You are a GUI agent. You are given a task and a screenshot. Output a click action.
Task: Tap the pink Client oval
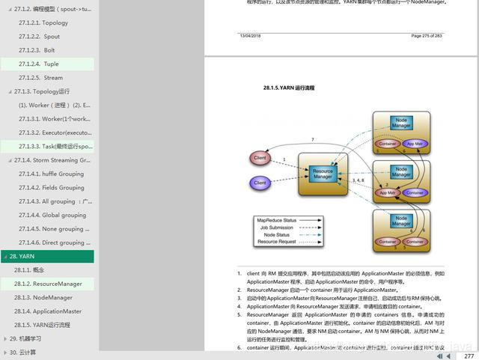[260, 158]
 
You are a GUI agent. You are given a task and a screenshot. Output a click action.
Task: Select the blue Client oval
[260, 183]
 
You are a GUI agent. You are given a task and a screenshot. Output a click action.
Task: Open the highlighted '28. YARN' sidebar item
[22, 256]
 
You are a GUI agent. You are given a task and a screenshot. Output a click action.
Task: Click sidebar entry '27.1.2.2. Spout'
[40, 36]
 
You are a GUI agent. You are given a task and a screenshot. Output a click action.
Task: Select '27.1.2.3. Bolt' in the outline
[38, 50]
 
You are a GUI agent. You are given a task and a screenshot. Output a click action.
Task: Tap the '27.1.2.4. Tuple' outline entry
[40, 64]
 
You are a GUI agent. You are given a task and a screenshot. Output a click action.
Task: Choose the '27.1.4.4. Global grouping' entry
[53, 215]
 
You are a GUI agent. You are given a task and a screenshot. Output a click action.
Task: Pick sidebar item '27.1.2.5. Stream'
[42, 77]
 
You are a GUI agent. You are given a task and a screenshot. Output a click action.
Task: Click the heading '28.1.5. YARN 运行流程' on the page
[289, 88]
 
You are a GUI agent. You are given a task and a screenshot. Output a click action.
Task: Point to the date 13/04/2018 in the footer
[250, 36]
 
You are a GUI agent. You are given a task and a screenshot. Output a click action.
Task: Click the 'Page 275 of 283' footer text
[427, 36]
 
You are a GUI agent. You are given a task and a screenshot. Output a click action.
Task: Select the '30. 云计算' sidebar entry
[23, 352]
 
